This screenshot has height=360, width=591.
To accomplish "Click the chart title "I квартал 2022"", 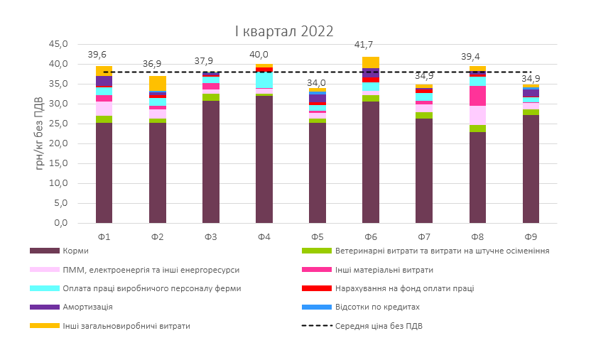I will click(285, 31).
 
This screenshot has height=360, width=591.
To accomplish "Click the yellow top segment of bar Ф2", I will click(158, 83).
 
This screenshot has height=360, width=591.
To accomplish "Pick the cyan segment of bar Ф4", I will click(264, 80).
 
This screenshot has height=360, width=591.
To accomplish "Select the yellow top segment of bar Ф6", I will click(371, 62).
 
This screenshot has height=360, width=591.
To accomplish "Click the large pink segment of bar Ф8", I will click(477, 96).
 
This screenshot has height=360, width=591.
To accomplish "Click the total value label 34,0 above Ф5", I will click(318, 82).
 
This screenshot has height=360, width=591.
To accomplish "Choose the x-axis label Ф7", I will click(424, 236).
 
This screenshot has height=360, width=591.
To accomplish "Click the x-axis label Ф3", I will click(211, 236).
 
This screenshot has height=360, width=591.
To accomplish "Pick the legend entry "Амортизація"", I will click(87, 307).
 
